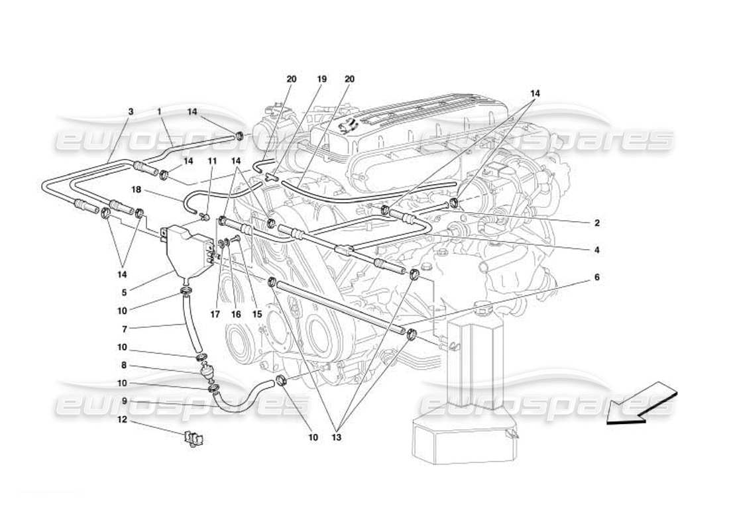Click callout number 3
(131, 112)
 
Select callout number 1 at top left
(159, 112)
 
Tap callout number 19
(322, 79)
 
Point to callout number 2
(596, 223)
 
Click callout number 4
(596, 250)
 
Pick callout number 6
(596, 278)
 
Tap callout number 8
(125, 364)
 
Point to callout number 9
(125, 401)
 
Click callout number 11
(213, 161)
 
